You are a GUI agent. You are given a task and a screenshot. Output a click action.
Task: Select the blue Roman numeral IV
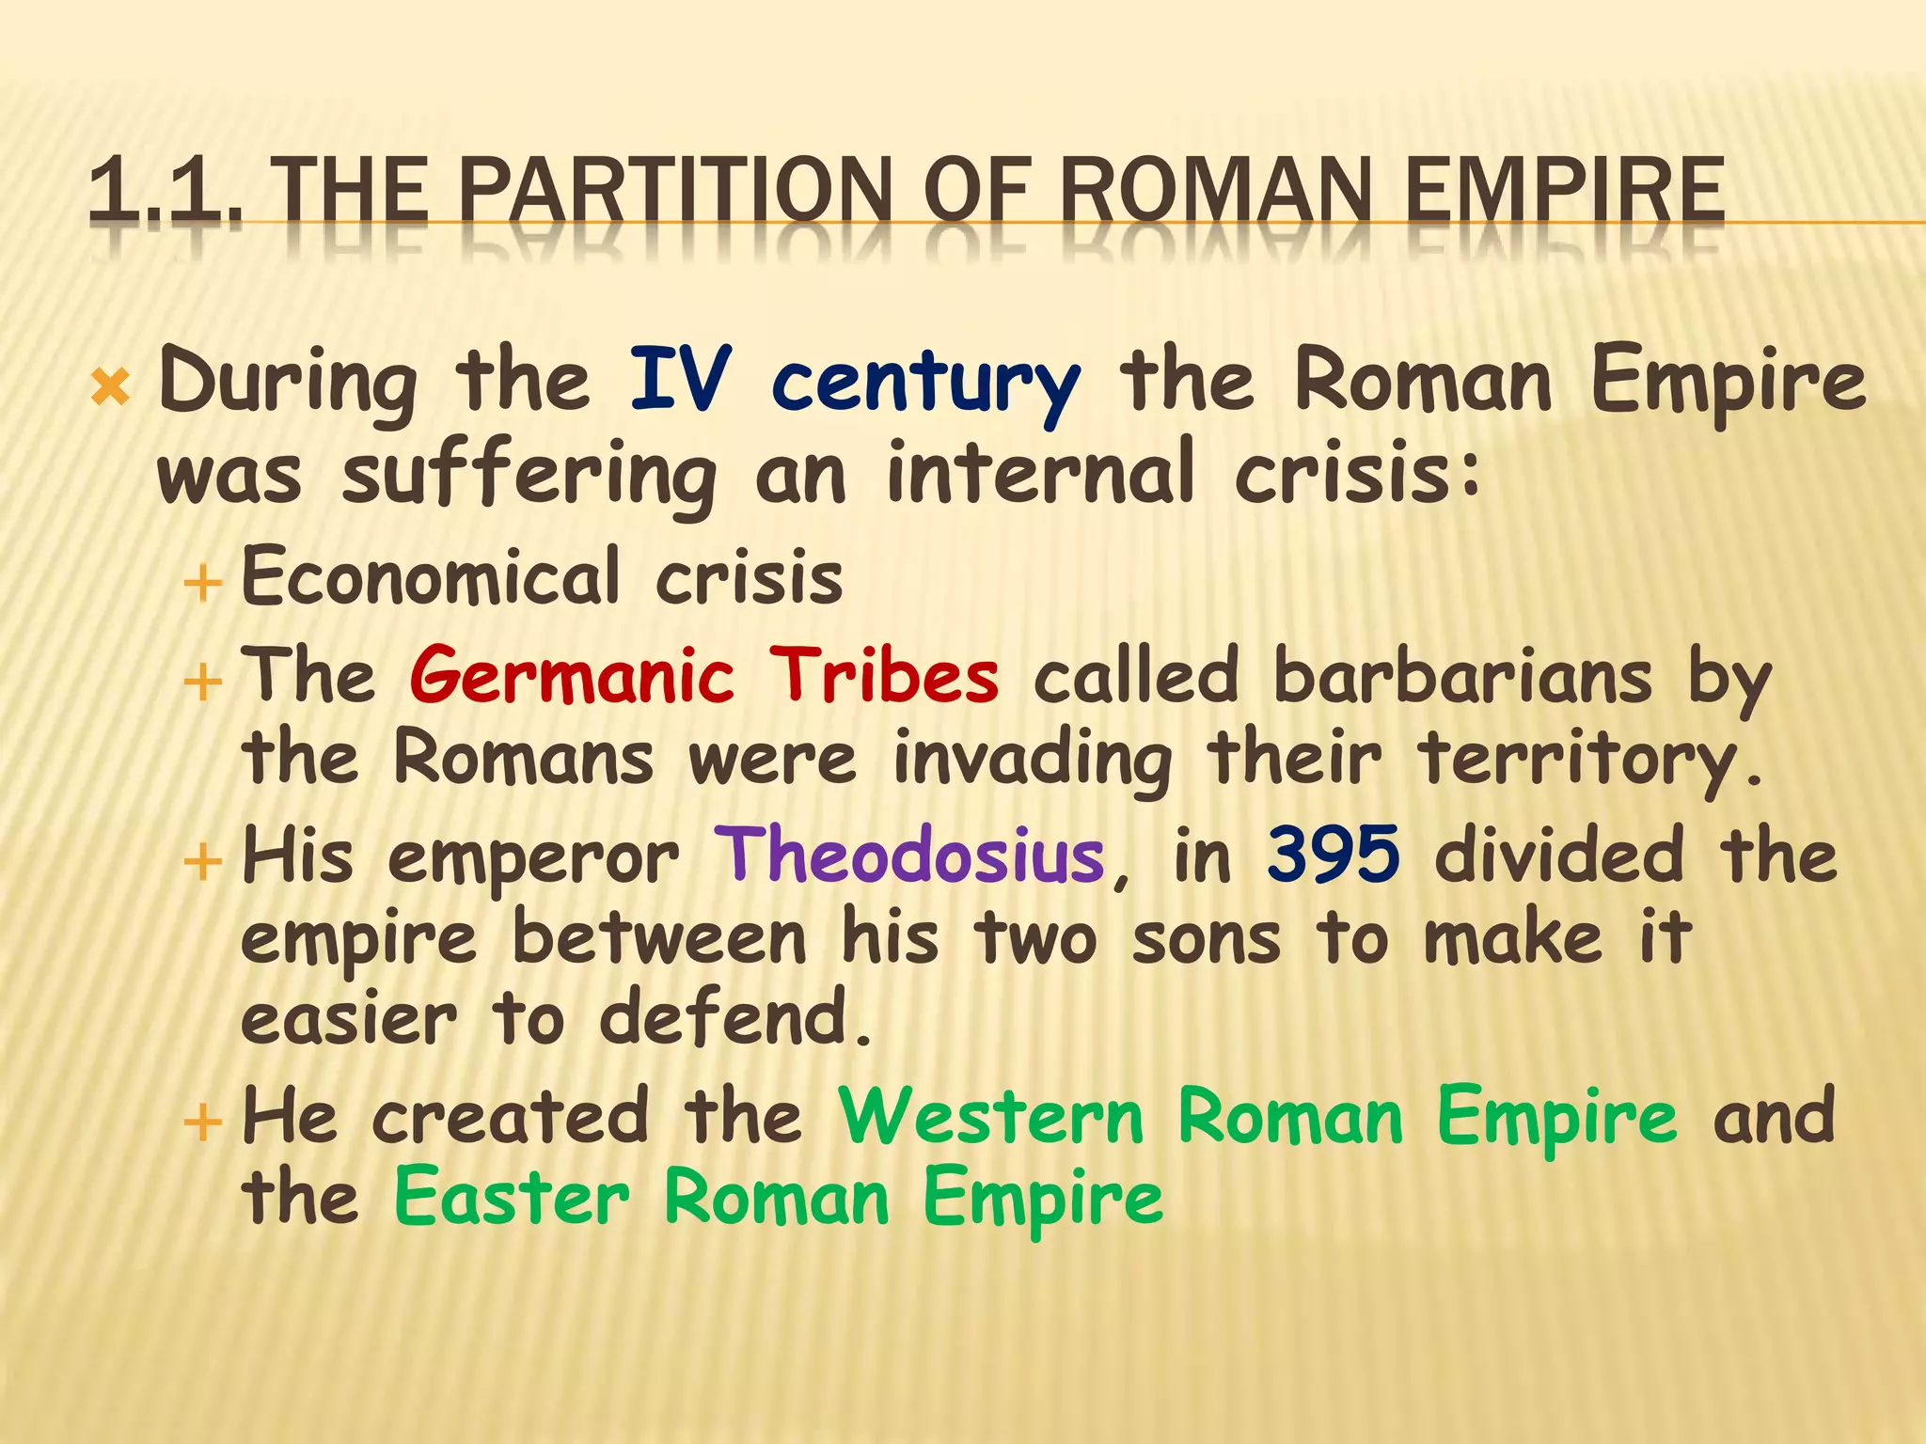point(680,380)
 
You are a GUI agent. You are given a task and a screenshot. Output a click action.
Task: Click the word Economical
point(431,576)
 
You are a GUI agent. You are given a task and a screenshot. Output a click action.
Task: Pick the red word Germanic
point(572,676)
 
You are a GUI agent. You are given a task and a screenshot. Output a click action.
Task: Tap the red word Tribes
point(884,676)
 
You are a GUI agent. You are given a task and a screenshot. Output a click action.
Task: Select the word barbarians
point(1462,676)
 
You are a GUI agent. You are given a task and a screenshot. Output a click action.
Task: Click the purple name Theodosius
point(908,855)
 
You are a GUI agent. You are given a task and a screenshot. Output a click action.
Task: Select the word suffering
point(529,476)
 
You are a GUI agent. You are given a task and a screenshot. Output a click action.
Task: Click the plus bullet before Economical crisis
point(203,584)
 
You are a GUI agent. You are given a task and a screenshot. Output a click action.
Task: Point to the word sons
point(1207,939)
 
